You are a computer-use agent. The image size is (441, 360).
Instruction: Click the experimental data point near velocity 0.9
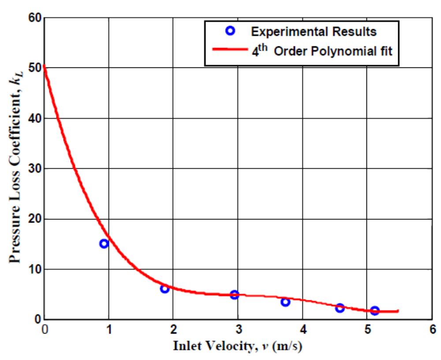[x=104, y=244]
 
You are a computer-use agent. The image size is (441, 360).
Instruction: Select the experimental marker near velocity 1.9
[x=165, y=289]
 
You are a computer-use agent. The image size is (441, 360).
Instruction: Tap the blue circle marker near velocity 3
[x=235, y=294]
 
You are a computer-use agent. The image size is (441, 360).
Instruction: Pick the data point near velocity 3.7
[x=285, y=302]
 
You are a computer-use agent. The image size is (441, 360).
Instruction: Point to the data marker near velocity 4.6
[x=340, y=308]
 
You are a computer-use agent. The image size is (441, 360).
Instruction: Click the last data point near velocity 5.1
[x=374, y=310]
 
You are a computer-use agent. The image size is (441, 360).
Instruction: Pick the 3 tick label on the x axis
[x=238, y=330]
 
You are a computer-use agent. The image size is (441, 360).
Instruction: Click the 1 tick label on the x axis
[x=108, y=330]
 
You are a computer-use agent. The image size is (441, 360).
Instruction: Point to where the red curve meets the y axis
[x=45, y=67]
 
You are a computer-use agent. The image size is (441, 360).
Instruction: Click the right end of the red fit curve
[x=398, y=311]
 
